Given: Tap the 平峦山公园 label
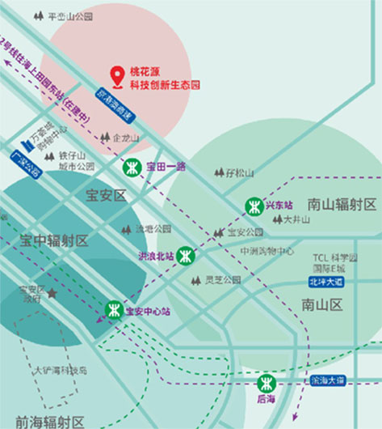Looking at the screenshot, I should click(70, 15).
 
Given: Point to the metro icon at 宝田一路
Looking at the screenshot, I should click(132, 167).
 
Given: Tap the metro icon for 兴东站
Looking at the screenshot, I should click(254, 206).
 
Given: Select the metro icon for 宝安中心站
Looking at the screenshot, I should click(114, 310).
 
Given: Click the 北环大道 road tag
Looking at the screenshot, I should click(325, 282).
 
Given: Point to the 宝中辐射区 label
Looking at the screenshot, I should click(54, 240).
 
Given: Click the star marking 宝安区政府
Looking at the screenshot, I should click(52, 293).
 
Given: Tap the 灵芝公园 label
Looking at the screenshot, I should click(222, 280).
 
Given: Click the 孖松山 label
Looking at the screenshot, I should click(240, 172).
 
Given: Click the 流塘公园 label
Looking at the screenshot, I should click(153, 229).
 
